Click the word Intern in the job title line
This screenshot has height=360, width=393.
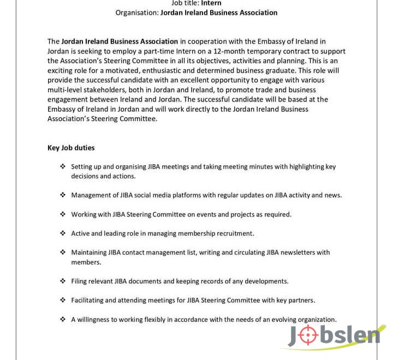(x=211, y=3)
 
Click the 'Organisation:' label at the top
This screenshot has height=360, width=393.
(x=136, y=13)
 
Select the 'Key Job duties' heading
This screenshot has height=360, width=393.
(x=71, y=148)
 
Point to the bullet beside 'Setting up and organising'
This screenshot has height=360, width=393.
(x=63, y=166)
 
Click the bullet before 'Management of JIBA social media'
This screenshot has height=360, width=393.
(x=63, y=195)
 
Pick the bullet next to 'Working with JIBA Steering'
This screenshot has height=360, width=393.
(x=63, y=214)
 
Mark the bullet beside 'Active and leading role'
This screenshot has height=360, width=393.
(x=63, y=233)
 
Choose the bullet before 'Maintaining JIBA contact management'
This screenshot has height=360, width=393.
(x=63, y=253)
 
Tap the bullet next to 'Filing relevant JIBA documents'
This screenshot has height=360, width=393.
(x=63, y=281)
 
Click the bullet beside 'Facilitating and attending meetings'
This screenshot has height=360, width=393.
(x=63, y=300)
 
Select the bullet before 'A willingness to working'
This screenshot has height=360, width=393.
(x=63, y=320)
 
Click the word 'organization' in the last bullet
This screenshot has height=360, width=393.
(x=315, y=320)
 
